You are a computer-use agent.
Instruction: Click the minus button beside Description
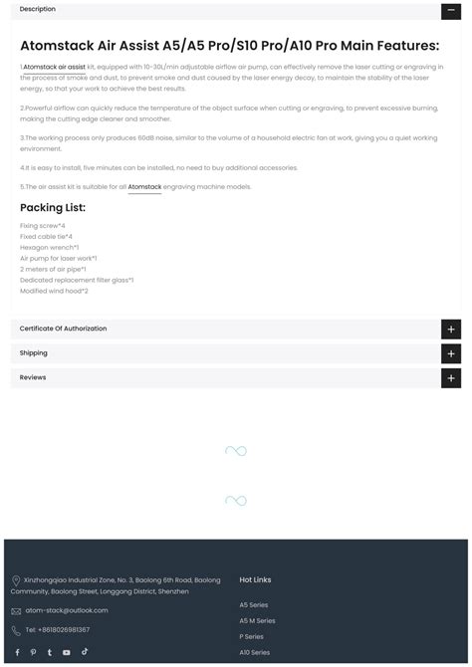450,10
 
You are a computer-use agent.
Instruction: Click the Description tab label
38,9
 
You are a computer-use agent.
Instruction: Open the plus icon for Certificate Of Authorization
450,329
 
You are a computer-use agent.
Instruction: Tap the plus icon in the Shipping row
450,353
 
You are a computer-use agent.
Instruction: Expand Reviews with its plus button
450,378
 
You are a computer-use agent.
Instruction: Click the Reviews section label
33,377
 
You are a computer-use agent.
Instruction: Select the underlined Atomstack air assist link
54,67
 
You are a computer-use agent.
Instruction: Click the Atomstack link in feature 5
144,186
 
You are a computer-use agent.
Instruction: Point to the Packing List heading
53,208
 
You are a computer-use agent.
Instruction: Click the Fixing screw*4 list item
42,226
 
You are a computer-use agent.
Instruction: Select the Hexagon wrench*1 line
49,247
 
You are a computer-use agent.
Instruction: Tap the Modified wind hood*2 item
54,291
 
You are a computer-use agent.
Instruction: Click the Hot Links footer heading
255,579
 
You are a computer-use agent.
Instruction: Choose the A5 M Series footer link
257,620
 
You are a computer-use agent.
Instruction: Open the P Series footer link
251,636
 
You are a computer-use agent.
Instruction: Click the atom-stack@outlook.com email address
67,610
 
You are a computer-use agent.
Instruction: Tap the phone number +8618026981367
58,629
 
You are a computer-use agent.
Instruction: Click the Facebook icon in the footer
16,652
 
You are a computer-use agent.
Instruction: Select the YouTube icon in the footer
67,652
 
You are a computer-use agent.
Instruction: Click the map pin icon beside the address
16,581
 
